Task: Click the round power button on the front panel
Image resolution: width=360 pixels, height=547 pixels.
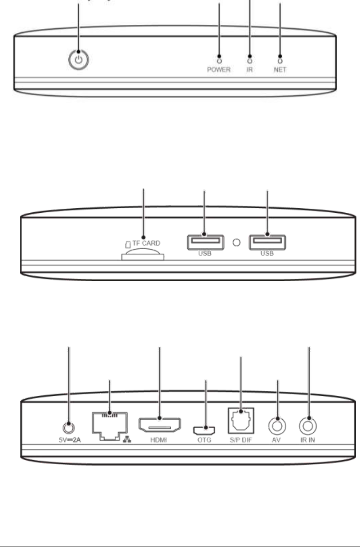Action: tap(79, 60)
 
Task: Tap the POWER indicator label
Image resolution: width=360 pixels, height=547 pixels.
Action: tap(219, 70)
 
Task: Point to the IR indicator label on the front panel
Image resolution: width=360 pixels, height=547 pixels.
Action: tap(250, 70)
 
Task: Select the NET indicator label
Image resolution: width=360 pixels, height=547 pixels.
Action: tap(280, 70)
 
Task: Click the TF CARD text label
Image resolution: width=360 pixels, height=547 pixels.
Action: tap(146, 243)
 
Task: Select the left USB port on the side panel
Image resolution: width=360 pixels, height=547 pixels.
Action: tap(204, 242)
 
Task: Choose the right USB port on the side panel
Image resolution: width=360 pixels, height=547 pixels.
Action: tap(267, 242)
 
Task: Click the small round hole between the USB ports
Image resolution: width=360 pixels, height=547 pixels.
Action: tap(236, 242)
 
